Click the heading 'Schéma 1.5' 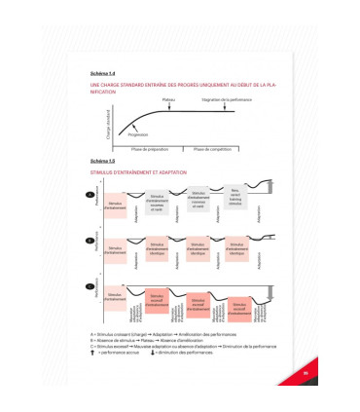100,161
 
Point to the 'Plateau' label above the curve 168,99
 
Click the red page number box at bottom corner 277,371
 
